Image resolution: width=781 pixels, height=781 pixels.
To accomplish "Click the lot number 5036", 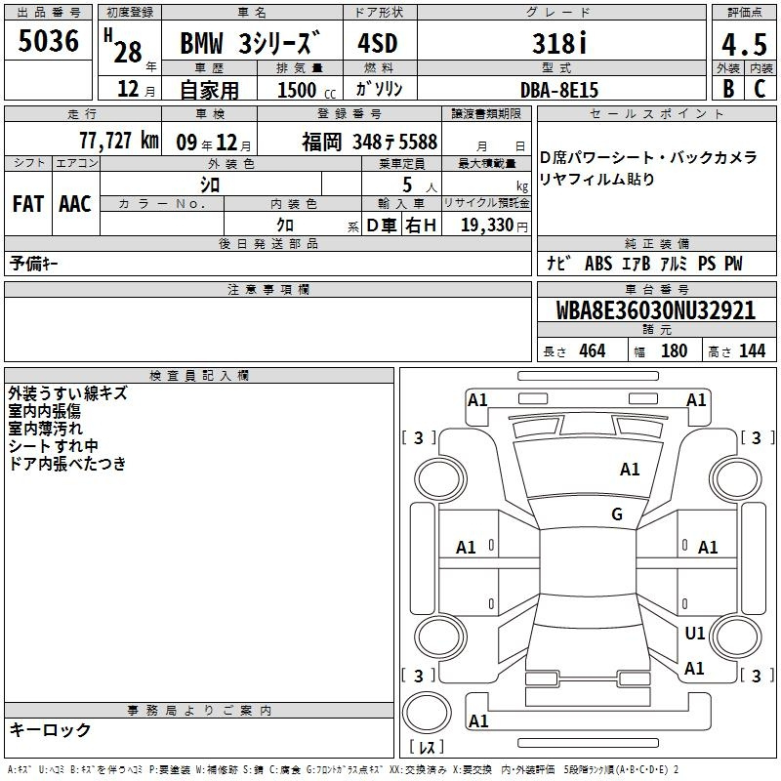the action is click(48, 41).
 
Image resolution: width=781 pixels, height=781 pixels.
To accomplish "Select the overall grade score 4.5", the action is click(744, 45).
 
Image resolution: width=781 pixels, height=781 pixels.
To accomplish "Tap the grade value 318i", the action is click(559, 43).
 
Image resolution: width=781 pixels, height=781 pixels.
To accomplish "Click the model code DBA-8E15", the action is click(558, 90).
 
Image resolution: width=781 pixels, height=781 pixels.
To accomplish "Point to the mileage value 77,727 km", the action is click(119, 141).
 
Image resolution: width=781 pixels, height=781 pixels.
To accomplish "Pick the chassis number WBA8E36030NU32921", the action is click(655, 310).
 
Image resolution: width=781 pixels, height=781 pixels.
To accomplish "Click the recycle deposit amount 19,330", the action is click(487, 225).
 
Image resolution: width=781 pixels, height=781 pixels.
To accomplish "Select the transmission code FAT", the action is click(28, 204).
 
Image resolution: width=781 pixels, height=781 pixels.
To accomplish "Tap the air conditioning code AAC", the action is click(75, 204).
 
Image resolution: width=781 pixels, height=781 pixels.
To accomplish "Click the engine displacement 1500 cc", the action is click(307, 90).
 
